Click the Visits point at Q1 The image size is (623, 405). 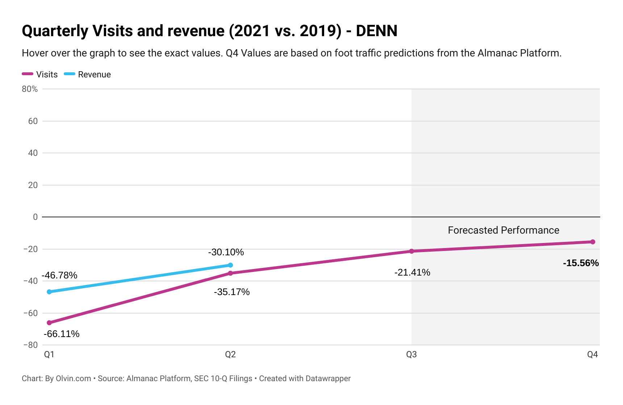[49, 323]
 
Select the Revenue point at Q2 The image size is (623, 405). [230, 265]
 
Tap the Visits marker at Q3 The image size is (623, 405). [411, 251]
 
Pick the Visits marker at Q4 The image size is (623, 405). [593, 242]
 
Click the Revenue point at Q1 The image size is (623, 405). [49, 292]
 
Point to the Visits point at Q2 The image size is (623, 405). [230, 273]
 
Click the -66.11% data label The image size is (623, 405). [62, 334]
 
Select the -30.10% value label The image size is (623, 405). [226, 252]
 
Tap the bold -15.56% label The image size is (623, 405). [581, 263]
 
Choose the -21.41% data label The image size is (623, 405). [412, 272]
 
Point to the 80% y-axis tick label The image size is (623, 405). [30, 89]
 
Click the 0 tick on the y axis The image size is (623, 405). [35, 217]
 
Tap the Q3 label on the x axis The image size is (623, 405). [411, 354]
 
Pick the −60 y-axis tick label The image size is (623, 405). [30, 313]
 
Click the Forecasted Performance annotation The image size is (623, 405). [503, 230]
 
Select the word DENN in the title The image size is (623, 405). [377, 31]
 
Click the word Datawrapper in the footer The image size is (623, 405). [328, 379]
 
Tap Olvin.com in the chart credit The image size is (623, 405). [73, 379]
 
